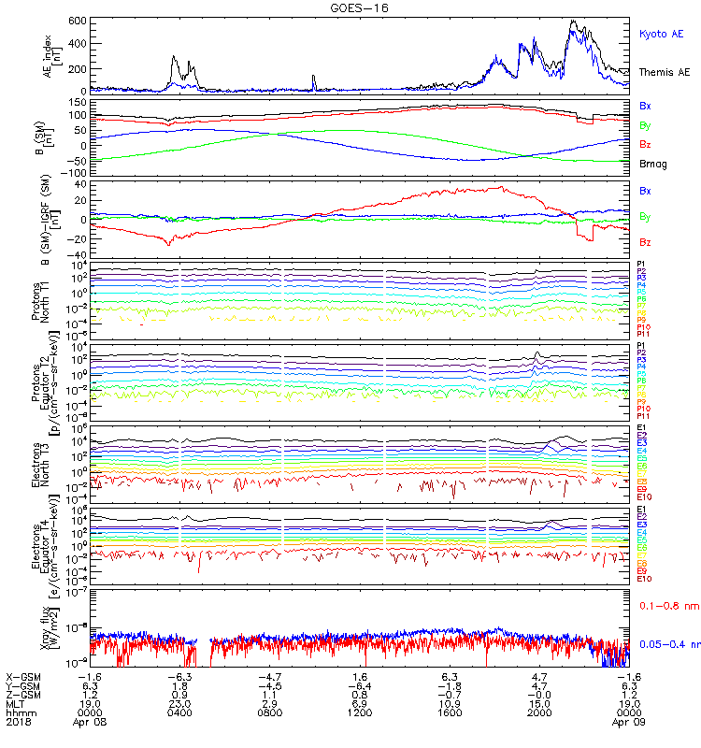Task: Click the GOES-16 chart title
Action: point(350,7)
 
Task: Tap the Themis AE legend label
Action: point(665,72)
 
